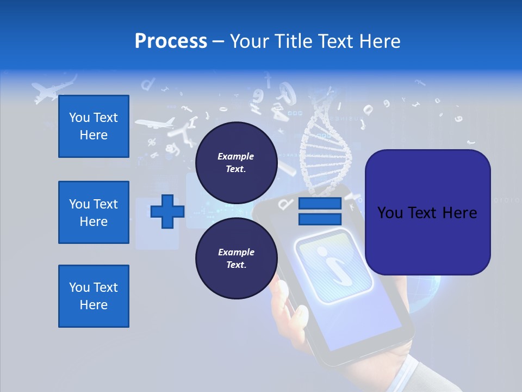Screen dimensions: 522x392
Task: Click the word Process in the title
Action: coord(171,41)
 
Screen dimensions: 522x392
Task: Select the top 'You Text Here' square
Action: coord(94,126)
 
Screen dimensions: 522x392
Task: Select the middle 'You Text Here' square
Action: coord(94,212)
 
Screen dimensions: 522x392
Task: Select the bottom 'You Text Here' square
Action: coord(94,296)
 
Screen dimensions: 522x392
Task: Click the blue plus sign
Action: coord(167,211)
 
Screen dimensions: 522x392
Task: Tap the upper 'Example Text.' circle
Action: coord(236,162)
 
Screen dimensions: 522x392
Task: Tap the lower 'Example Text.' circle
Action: coord(236,258)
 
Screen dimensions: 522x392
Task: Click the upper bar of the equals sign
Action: coord(320,204)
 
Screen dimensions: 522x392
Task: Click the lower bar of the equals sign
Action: coord(320,219)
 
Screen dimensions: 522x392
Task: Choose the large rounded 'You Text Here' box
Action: coord(427,212)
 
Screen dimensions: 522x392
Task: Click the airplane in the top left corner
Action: coord(52,90)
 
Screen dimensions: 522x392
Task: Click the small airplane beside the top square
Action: coord(155,123)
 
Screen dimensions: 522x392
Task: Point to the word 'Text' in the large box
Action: coord(427,212)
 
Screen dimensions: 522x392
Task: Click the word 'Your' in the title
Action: coord(250,41)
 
